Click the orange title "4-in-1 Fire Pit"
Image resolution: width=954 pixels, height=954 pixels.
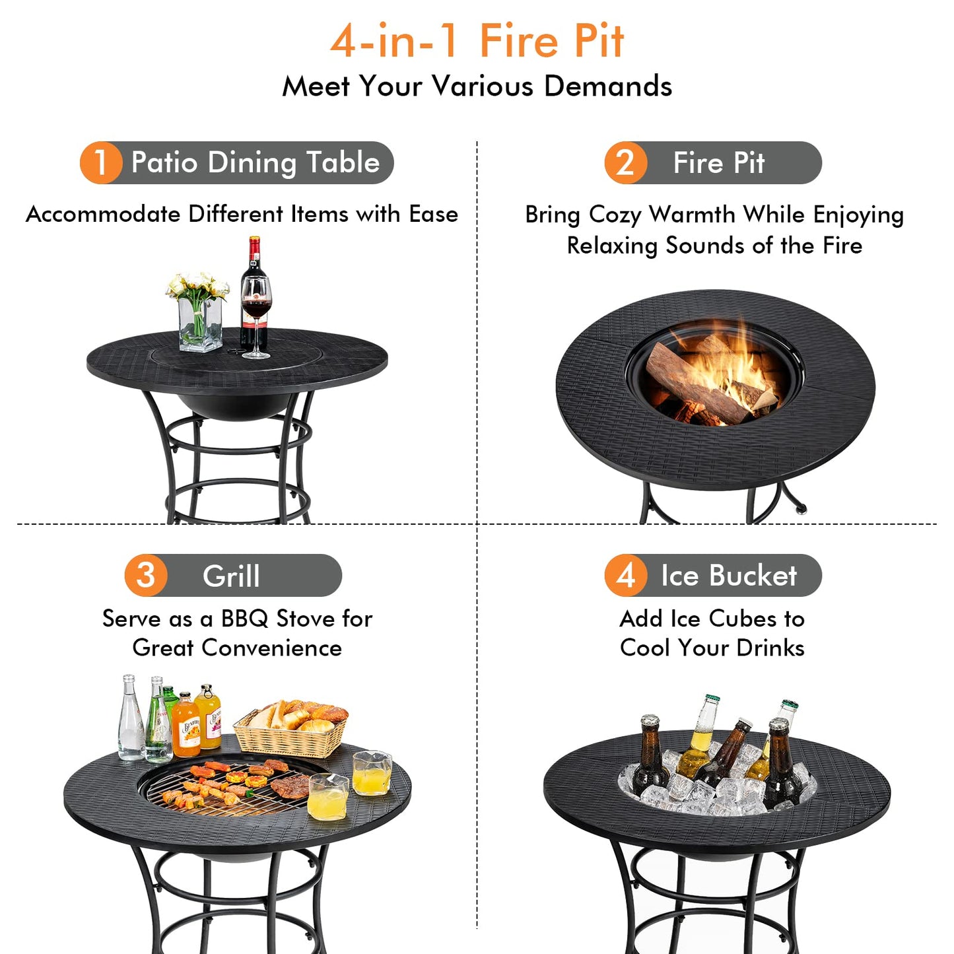(477, 41)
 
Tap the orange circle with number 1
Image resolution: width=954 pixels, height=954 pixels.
(100, 162)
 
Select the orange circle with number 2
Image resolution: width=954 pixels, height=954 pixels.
(625, 162)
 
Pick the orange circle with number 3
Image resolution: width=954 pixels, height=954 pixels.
(146, 575)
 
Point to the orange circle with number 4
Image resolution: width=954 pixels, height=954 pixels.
(625, 575)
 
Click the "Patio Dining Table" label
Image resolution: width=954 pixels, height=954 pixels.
(255, 162)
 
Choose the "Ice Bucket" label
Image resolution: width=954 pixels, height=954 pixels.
(729, 575)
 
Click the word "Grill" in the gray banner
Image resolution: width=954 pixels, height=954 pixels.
(231, 576)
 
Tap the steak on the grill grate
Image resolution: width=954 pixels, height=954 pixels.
(290, 786)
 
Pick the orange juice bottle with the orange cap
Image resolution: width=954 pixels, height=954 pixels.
(187, 726)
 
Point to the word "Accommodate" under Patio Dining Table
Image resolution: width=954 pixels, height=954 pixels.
(103, 214)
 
